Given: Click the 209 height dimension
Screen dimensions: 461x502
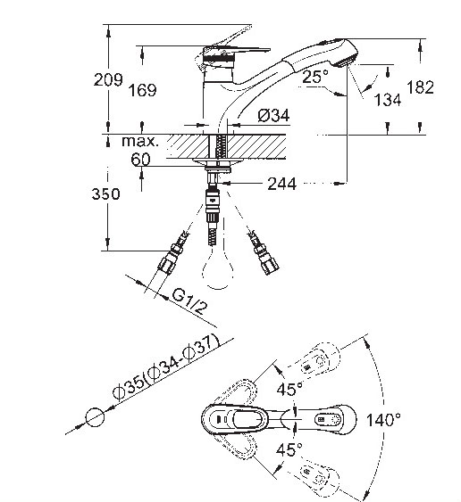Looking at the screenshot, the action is (x=108, y=79).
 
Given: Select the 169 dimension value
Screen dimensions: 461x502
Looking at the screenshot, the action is (x=142, y=90).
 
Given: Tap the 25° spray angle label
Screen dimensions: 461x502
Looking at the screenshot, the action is (x=315, y=77).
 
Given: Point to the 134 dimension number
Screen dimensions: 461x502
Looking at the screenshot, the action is (x=388, y=100).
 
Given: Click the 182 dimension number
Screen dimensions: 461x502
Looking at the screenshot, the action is (x=420, y=87).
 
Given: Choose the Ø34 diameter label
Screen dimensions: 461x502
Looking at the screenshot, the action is (x=273, y=115).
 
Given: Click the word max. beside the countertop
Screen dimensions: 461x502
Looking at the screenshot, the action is (x=140, y=141).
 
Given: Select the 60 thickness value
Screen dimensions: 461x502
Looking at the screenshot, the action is (x=140, y=159).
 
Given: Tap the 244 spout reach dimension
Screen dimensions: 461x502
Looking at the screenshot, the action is (x=282, y=184).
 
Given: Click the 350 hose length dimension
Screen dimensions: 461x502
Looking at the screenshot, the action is (x=105, y=194).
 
